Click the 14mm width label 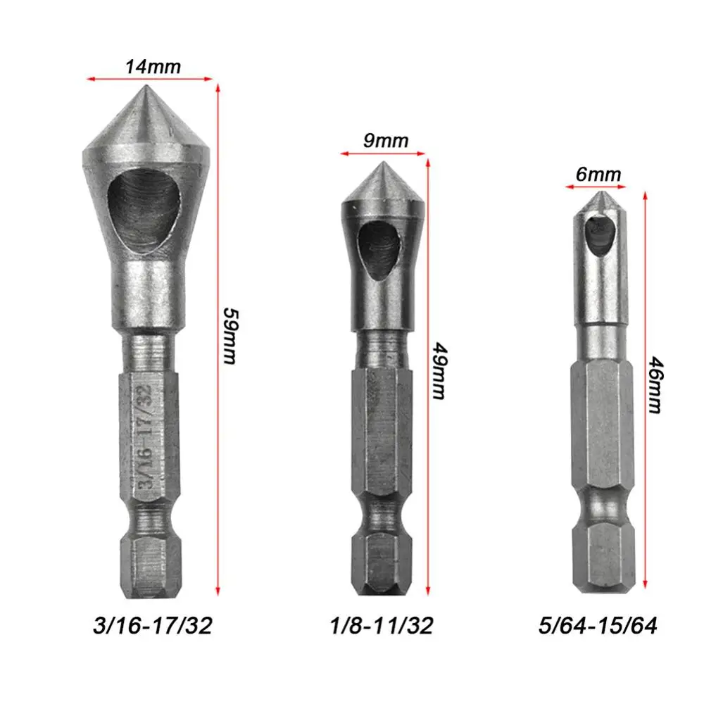(153, 67)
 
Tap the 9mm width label (386, 141)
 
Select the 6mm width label (598, 174)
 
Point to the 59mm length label (231, 336)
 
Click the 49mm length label (439, 371)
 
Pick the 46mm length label (656, 385)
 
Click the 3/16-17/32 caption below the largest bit (153, 625)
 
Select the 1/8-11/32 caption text (381, 625)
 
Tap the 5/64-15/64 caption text (598, 625)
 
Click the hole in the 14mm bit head (144, 204)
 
